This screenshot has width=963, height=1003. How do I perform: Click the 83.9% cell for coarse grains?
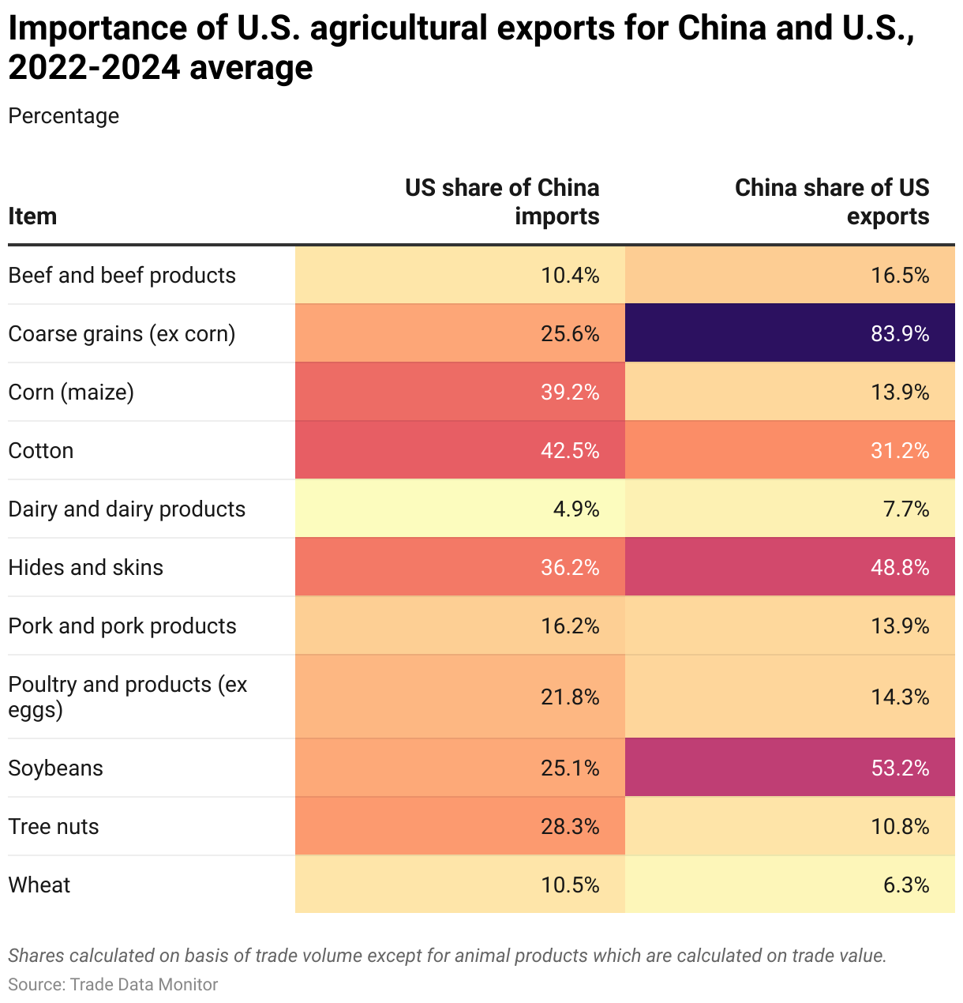900,334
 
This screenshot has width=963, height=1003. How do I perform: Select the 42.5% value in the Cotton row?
570,451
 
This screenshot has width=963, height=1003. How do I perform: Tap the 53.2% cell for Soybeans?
900,768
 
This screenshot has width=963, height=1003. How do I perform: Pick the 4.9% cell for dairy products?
576,509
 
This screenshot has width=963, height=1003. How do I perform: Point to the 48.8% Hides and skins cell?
900,568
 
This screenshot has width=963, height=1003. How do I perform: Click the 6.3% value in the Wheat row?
905,885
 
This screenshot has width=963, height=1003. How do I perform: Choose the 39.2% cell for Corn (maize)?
570,393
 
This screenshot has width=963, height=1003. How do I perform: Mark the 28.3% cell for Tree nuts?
570,827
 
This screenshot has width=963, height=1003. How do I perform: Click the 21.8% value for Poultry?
570,697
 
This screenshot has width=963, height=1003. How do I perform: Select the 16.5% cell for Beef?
900,276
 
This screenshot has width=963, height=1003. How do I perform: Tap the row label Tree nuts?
54,827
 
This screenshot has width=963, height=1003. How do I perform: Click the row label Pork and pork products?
122,626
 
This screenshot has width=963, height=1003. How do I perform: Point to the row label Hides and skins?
85,568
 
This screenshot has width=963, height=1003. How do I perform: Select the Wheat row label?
39,885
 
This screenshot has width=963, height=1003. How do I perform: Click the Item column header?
32,216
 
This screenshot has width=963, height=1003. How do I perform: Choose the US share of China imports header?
502,202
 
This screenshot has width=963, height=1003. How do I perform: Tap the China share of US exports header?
832,202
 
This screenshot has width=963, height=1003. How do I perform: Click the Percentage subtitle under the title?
64,116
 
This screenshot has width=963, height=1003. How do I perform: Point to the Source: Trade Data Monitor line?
113,985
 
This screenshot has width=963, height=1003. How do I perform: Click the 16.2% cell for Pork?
570,626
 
